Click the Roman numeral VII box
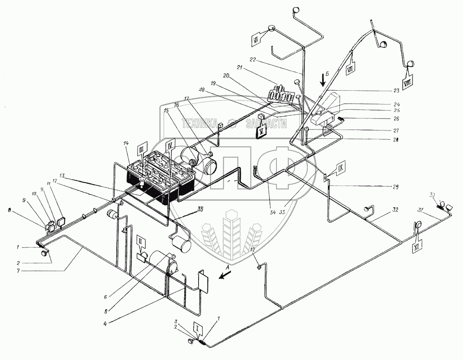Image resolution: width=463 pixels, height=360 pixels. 350,69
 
